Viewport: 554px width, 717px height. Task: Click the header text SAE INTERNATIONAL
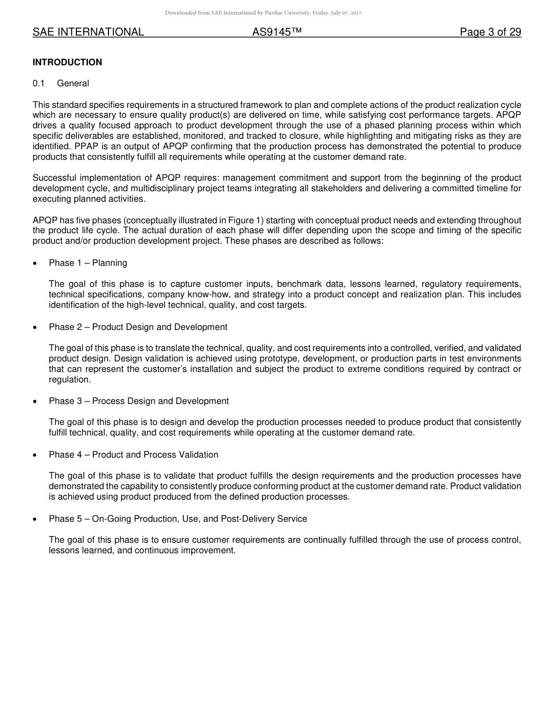click(x=88, y=33)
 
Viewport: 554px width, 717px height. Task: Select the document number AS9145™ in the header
click(x=276, y=33)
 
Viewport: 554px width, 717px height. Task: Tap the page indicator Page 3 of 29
click(x=490, y=33)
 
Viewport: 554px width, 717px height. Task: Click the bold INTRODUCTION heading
click(x=67, y=62)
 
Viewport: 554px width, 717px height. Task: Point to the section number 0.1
click(x=38, y=83)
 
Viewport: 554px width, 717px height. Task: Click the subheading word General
click(x=73, y=83)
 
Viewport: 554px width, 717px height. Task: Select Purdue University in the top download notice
click(x=274, y=13)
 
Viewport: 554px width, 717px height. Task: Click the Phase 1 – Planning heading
click(x=87, y=263)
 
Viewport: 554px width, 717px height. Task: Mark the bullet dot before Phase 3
click(x=36, y=402)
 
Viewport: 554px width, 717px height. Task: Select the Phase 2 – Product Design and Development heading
click(x=138, y=327)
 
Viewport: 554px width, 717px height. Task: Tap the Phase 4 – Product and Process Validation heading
click(x=134, y=455)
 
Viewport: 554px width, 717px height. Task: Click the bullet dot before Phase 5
click(x=36, y=519)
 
